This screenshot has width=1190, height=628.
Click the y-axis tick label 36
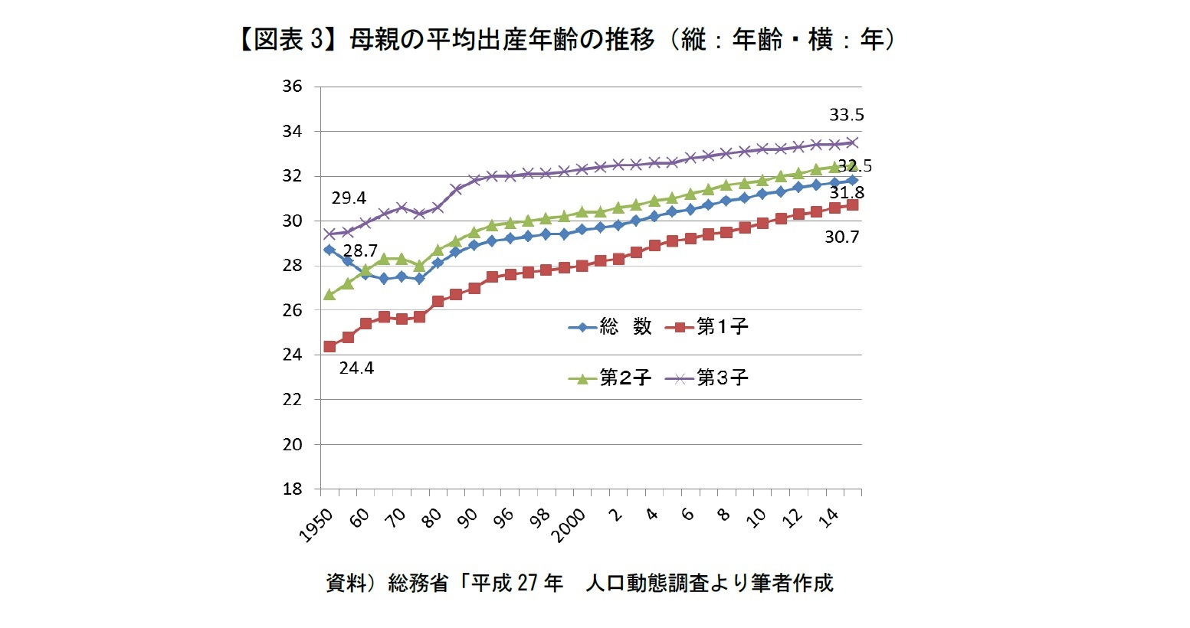coord(292,87)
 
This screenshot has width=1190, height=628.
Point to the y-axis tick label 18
coord(292,489)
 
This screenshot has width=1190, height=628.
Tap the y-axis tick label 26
coord(292,310)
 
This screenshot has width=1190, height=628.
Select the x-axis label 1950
coord(316,525)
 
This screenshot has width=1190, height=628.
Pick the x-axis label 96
coord(503,518)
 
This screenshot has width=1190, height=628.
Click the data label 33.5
coord(847,115)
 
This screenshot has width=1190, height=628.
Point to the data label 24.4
coord(356,368)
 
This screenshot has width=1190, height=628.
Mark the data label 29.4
coord(349,198)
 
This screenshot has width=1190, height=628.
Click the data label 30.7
coord(842,237)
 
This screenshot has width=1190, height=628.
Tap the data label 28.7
coord(360,251)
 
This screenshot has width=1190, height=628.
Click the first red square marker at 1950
coord(329,347)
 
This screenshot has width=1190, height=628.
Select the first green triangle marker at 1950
coord(329,294)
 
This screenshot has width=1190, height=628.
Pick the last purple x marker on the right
coord(852,142)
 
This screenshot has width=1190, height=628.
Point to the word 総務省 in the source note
coord(418,583)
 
